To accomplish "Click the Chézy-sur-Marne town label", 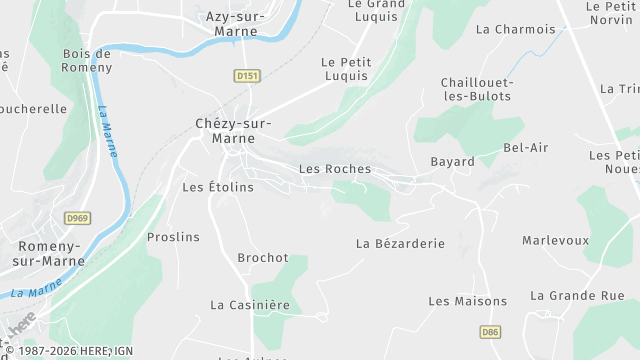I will point(232,131).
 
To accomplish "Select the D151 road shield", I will point(247,76).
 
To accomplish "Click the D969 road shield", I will point(76,218).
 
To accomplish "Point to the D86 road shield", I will point(489,332).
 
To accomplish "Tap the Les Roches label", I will point(335,169).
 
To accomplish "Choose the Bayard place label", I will point(452,162).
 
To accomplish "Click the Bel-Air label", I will point(526,148).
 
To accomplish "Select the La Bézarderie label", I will point(400,243).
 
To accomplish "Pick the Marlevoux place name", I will point(555,241).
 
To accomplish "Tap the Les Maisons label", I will point(467,301).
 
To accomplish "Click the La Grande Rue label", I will point(577,296).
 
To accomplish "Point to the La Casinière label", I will point(249,305).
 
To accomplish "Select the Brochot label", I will point(263,258).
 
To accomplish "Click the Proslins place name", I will point(173,238).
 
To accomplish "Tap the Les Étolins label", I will point(218,187).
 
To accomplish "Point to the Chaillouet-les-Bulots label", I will point(476,89).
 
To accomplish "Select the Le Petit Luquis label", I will point(345,69).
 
